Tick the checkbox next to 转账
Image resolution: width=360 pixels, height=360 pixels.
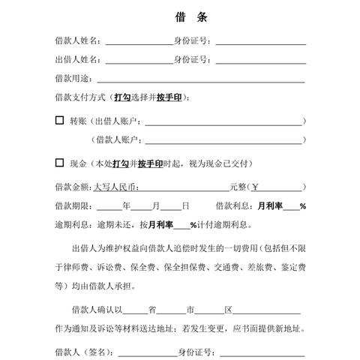[x=59, y=119]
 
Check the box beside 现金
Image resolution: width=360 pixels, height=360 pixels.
[x=59, y=162]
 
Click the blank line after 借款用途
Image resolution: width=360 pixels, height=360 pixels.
[x=199, y=79]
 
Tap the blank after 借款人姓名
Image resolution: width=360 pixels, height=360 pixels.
[x=139, y=42]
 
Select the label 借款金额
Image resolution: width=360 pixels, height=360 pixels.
[x=72, y=187]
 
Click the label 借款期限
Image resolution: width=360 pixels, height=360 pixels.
[x=72, y=205]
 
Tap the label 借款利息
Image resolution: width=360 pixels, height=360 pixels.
[x=233, y=205]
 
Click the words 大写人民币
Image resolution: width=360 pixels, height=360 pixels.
[x=117, y=187]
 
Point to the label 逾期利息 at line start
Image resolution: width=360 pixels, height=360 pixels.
[x=72, y=224]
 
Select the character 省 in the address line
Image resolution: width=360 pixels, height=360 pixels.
[x=151, y=309]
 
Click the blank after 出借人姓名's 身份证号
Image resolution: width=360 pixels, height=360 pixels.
[x=259, y=61]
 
